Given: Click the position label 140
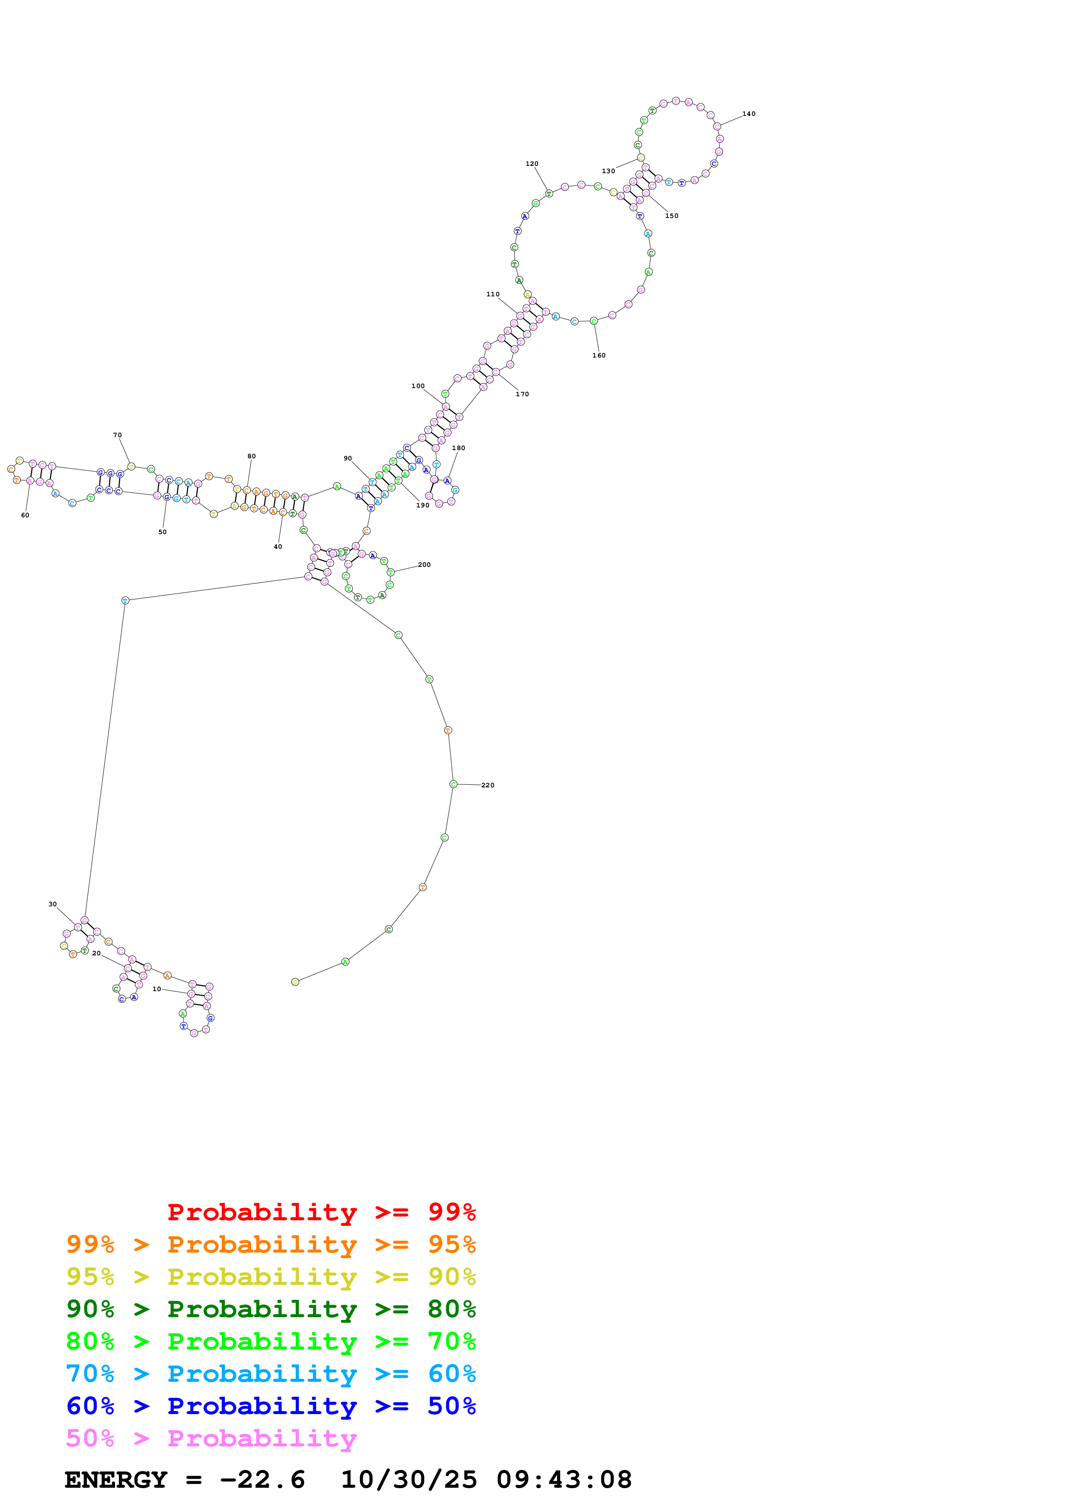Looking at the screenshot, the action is click(748, 114).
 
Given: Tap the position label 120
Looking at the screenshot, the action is click(532, 164).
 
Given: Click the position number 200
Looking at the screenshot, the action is click(424, 565).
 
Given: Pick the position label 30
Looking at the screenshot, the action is click(53, 904).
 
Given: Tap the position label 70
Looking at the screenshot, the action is click(117, 435).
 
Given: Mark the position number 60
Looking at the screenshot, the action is click(25, 515).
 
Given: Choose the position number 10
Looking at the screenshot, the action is click(157, 989).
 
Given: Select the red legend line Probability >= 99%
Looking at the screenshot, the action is click(321, 1212).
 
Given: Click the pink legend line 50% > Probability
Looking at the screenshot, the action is click(211, 1438).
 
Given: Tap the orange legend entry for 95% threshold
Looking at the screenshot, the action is click(271, 1244).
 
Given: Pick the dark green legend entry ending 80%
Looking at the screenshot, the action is click(271, 1309).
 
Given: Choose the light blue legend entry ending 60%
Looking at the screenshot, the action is click(271, 1374).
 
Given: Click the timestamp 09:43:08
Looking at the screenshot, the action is click(564, 1480).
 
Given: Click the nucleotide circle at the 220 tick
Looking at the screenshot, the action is click(453, 784).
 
